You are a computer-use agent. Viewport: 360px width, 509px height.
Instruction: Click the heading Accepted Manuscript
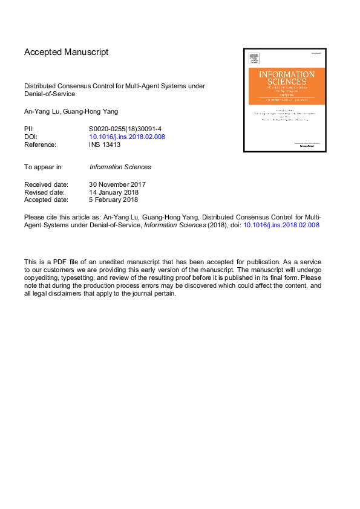point(66,52)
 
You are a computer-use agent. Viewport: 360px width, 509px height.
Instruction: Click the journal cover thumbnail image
point(284,100)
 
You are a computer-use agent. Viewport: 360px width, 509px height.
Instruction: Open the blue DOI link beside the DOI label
point(127,137)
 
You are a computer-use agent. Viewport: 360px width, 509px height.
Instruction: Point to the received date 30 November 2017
point(117,184)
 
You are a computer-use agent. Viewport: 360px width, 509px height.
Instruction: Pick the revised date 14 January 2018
point(113,192)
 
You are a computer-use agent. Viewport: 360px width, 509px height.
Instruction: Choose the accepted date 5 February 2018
point(113,199)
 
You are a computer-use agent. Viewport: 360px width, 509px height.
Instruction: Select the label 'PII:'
point(29,129)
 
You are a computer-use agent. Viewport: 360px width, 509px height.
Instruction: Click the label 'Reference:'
point(40,144)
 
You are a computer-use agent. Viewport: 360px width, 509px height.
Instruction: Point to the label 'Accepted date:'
point(46,199)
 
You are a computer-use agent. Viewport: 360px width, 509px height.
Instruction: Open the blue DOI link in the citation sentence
point(281,224)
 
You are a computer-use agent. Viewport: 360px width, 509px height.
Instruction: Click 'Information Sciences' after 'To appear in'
point(120,167)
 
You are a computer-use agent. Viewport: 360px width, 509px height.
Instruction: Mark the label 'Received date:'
point(46,184)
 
